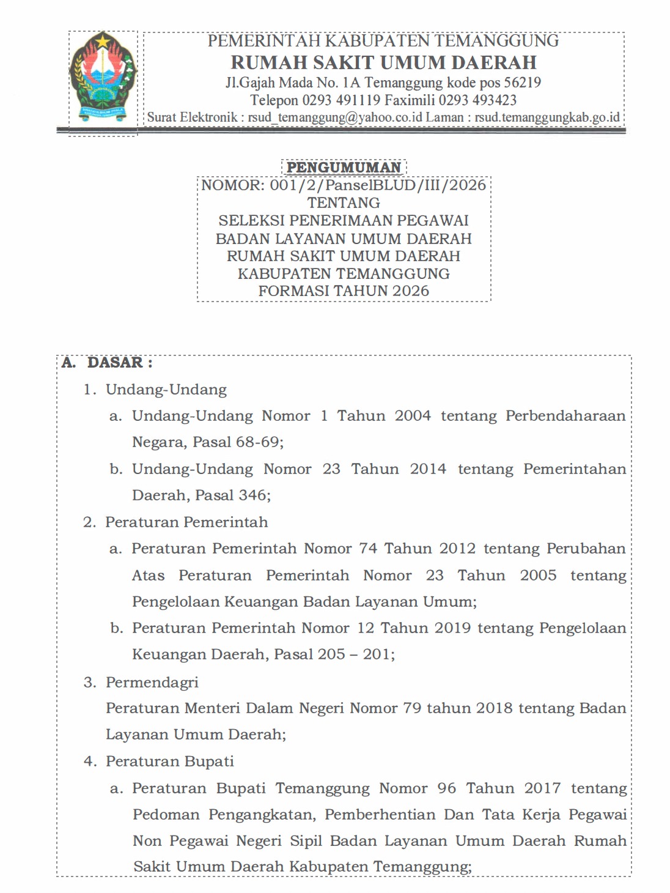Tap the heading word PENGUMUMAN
click(x=344, y=167)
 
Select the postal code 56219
click(x=522, y=83)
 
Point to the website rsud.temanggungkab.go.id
click(x=547, y=117)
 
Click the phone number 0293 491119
click(x=341, y=100)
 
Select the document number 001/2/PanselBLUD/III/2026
click(x=378, y=185)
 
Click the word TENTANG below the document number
click(x=344, y=203)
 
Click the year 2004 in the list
click(x=413, y=416)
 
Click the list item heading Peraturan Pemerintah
click(x=186, y=522)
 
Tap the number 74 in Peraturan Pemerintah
click(x=368, y=549)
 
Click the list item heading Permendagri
click(x=152, y=682)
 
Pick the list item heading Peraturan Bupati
click(x=170, y=761)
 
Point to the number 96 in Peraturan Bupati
click(x=446, y=788)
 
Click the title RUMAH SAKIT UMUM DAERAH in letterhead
click(x=383, y=62)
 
